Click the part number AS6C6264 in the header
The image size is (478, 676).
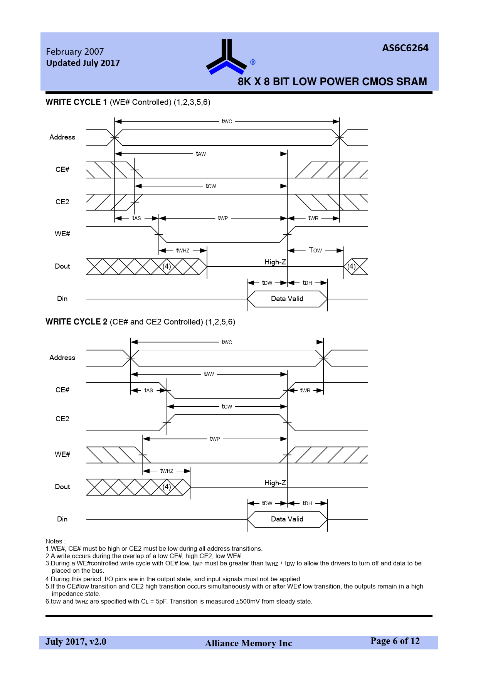pyautogui.click(x=405, y=48)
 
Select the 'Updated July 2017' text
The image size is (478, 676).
pyautogui.click(x=83, y=63)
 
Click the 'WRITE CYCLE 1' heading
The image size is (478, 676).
pyautogui.click(x=76, y=102)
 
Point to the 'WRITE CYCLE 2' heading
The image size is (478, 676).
pyautogui.click(x=76, y=322)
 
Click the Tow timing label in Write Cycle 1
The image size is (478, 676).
pyautogui.click(x=315, y=250)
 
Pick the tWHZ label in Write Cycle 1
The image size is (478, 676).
pyautogui.click(x=183, y=251)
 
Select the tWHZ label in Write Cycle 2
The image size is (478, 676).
pyautogui.click(x=167, y=471)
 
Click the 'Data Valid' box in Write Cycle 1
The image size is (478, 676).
pyautogui.click(x=287, y=299)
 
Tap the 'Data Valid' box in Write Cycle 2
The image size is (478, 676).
pyautogui.click(x=287, y=519)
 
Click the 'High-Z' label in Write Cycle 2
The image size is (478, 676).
pyautogui.click(x=275, y=483)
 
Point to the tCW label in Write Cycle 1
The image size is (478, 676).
pyautogui.click(x=211, y=186)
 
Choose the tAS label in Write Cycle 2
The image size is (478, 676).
pyautogui.click(x=148, y=390)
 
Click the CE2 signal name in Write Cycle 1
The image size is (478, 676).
pyautogui.click(x=62, y=202)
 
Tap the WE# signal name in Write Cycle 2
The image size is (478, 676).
pyautogui.click(x=62, y=454)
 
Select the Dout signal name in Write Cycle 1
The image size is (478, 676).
pyautogui.click(x=62, y=266)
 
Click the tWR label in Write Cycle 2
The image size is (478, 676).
pyautogui.click(x=305, y=390)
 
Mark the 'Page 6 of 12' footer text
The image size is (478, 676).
pyautogui.click(x=395, y=641)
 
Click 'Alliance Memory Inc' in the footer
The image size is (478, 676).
pyautogui.click(x=248, y=643)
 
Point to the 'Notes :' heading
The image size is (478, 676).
pyautogui.click(x=56, y=541)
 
